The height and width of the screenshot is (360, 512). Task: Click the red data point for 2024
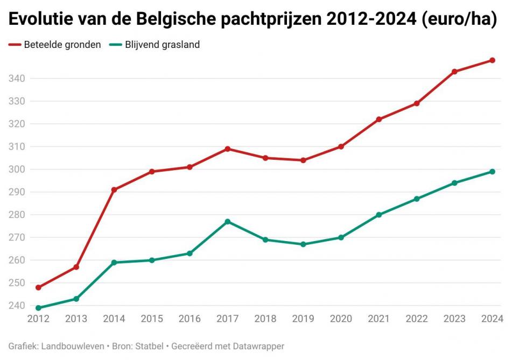[x=492, y=60]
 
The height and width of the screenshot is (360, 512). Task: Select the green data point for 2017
[x=228, y=222]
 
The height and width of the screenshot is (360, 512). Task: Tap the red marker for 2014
[x=114, y=190]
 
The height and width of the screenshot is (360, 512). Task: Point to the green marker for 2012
[x=38, y=308]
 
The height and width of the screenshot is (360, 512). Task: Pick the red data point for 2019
[x=303, y=160]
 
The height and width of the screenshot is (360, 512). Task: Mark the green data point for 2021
[x=379, y=215]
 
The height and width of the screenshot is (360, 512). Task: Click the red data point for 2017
[x=228, y=149]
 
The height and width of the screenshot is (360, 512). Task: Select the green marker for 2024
[x=492, y=172]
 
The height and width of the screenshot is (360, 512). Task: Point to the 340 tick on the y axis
[x=17, y=79]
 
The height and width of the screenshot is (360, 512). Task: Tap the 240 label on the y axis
[x=17, y=306]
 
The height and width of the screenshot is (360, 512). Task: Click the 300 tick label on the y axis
[x=17, y=170]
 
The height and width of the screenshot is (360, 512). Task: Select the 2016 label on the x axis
[x=190, y=319]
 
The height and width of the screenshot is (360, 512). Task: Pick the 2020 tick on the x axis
[x=341, y=319]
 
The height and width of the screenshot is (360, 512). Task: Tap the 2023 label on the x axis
[x=454, y=319]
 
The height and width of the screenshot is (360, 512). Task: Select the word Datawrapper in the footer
[x=257, y=346]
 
